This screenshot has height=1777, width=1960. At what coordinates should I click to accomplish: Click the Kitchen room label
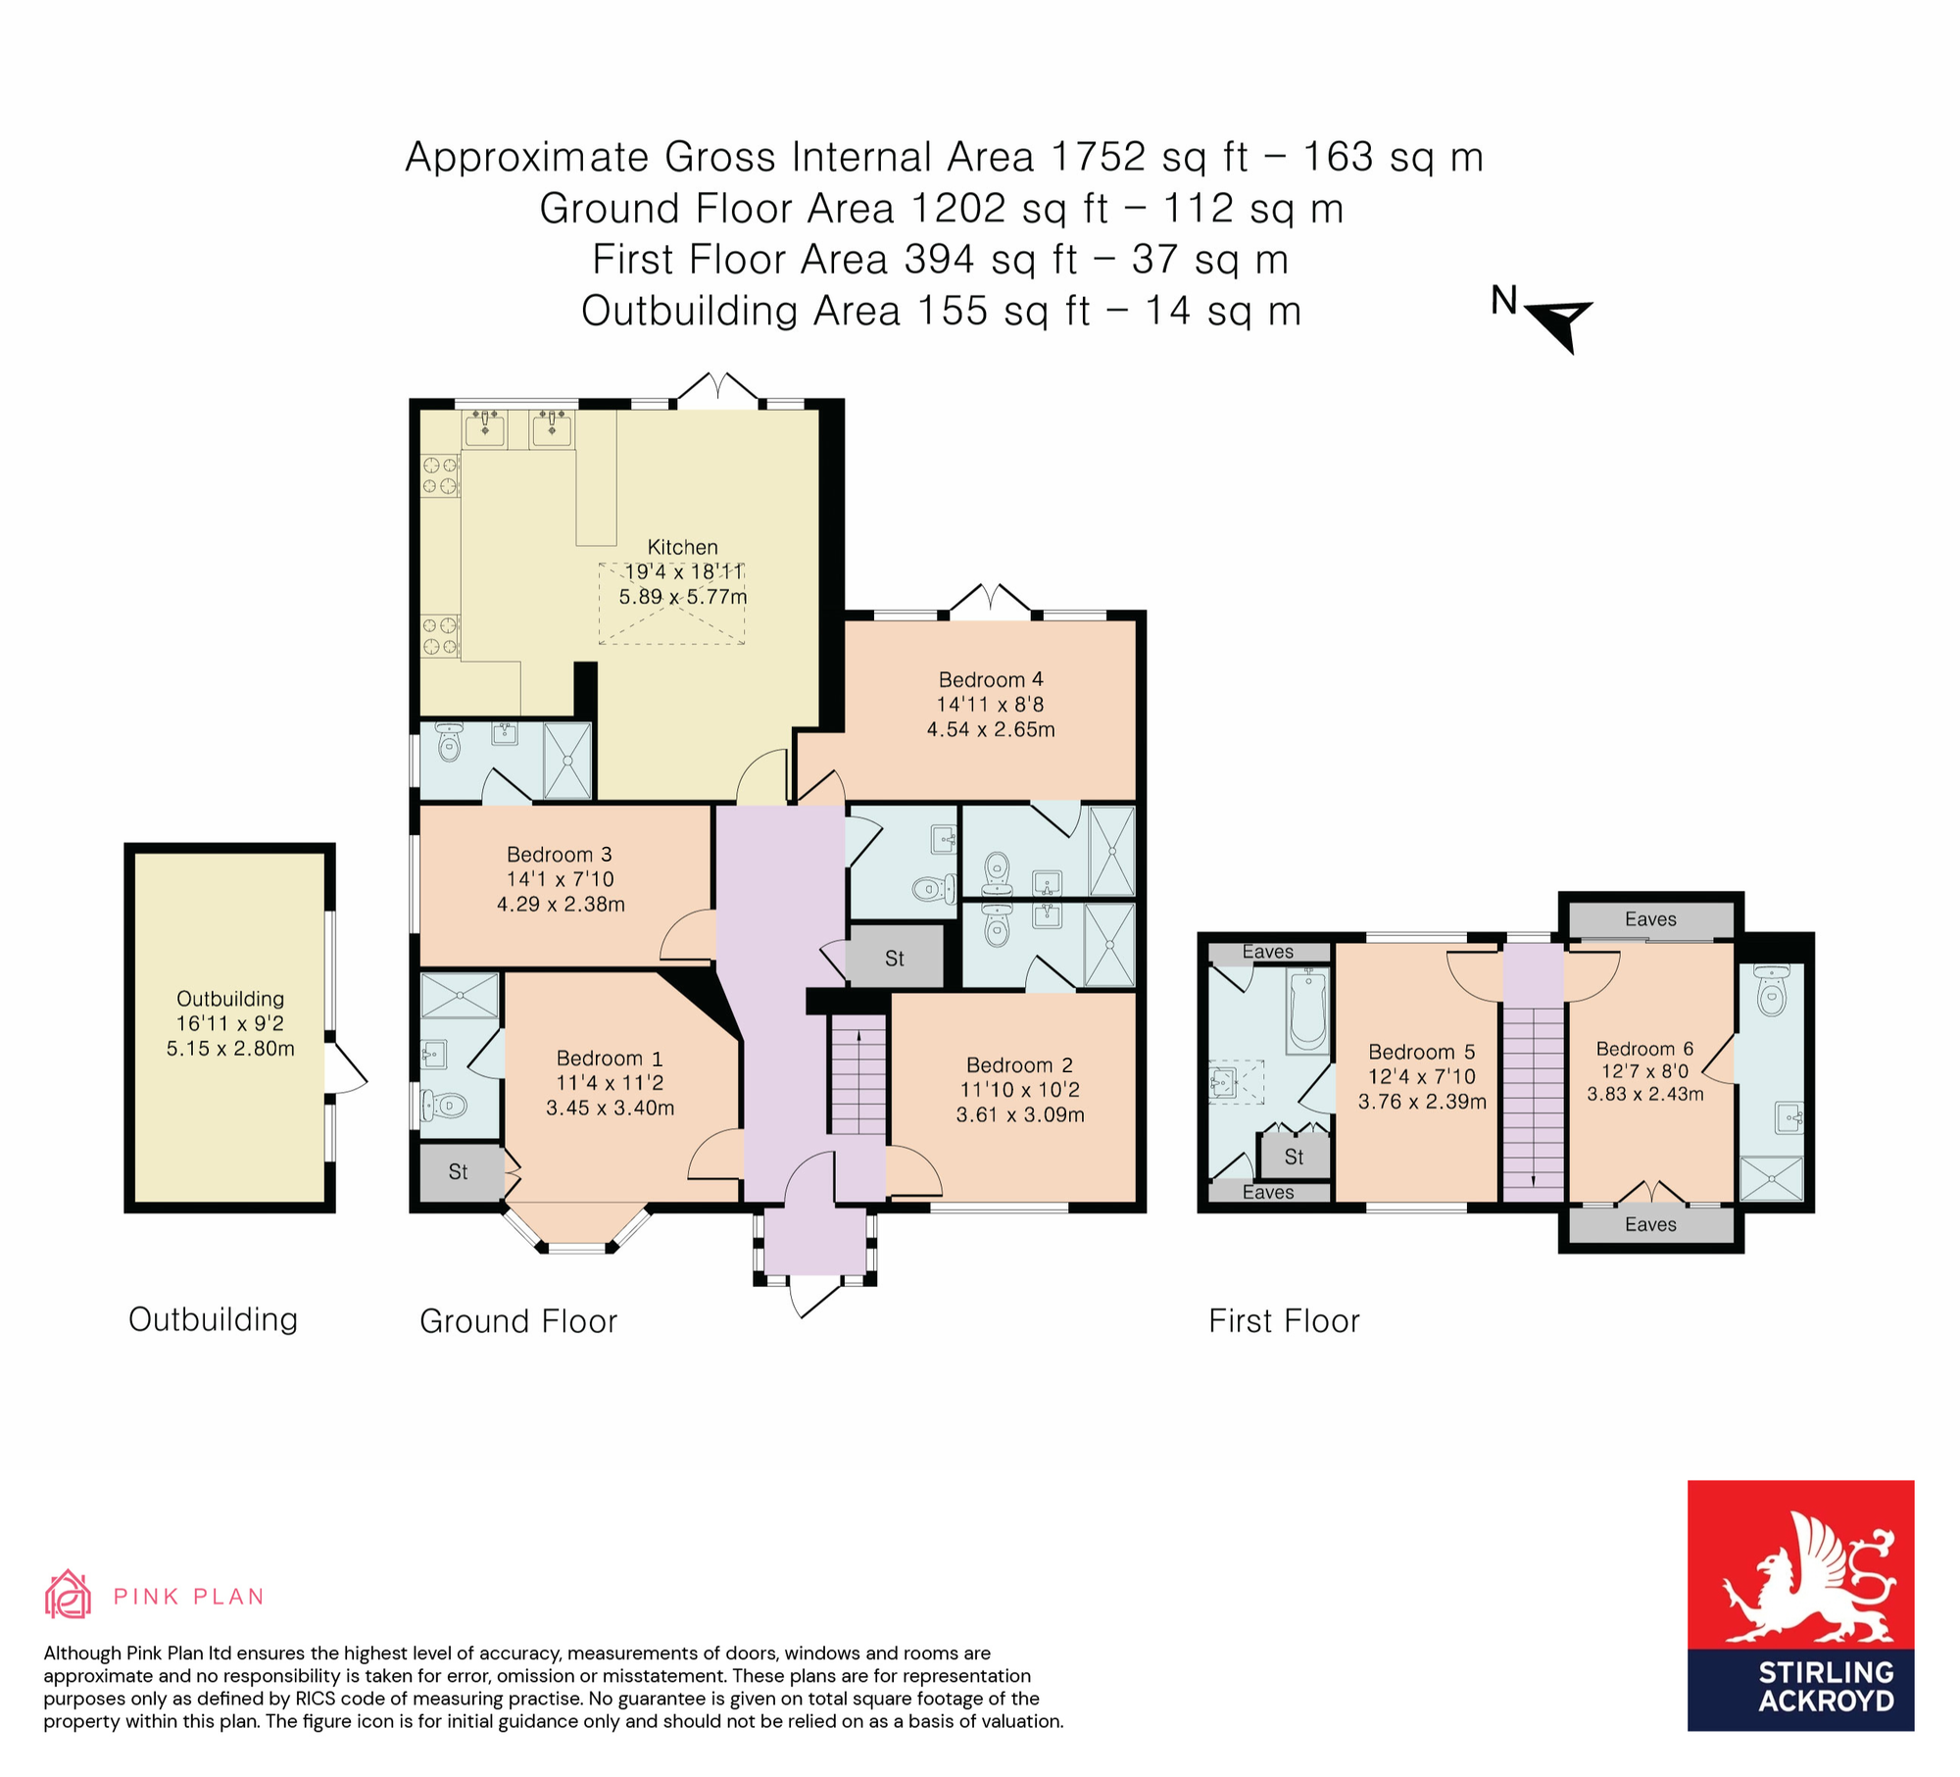tap(682, 547)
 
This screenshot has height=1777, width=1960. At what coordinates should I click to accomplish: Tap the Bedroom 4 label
tap(991, 679)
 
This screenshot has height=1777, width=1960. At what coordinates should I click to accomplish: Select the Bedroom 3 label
tap(560, 854)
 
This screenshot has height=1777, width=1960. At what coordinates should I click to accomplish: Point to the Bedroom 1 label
tap(610, 1058)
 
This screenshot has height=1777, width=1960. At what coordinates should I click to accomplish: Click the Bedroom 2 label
tap(1019, 1064)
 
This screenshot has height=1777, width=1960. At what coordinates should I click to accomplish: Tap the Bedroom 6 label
tap(1644, 1049)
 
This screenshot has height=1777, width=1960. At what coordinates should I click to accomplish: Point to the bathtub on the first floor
tap(1308, 1009)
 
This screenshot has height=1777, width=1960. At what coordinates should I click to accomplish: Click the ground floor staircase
tap(858, 1075)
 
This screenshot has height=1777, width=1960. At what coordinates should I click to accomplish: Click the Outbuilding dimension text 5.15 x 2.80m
tap(230, 1048)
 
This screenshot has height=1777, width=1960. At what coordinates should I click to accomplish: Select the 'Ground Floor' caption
tap(518, 1321)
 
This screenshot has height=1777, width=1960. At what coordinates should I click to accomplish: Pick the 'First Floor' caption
tap(1284, 1321)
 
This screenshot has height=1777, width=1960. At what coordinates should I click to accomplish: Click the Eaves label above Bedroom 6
tap(1650, 919)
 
